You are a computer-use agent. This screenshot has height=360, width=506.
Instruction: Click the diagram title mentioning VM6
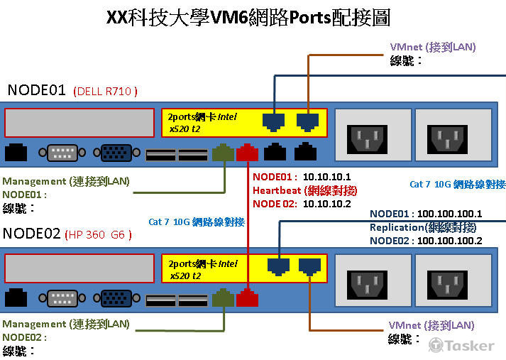[x=248, y=17]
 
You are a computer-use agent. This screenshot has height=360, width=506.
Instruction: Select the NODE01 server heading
[x=36, y=90]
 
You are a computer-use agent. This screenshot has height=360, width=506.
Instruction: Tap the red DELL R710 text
[x=106, y=92]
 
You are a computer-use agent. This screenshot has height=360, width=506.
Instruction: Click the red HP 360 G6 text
[x=98, y=234]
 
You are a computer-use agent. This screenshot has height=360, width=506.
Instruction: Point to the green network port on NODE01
[x=223, y=152]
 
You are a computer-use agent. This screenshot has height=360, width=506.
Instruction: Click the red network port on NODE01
[x=247, y=152]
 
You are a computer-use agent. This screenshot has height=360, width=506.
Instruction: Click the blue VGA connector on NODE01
[x=116, y=153]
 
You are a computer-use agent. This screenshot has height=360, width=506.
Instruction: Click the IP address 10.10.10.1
[x=326, y=177]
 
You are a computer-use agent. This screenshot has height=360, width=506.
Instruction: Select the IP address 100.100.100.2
[x=449, y=241]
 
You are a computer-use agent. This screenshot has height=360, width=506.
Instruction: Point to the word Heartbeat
[x=277, y=190]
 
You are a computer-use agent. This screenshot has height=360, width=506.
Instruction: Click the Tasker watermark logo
[x=461, y=345]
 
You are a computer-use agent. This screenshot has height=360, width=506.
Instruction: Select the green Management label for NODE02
[x=66, y=324]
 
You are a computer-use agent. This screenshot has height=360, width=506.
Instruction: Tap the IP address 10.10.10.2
[x=326, y=204]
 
